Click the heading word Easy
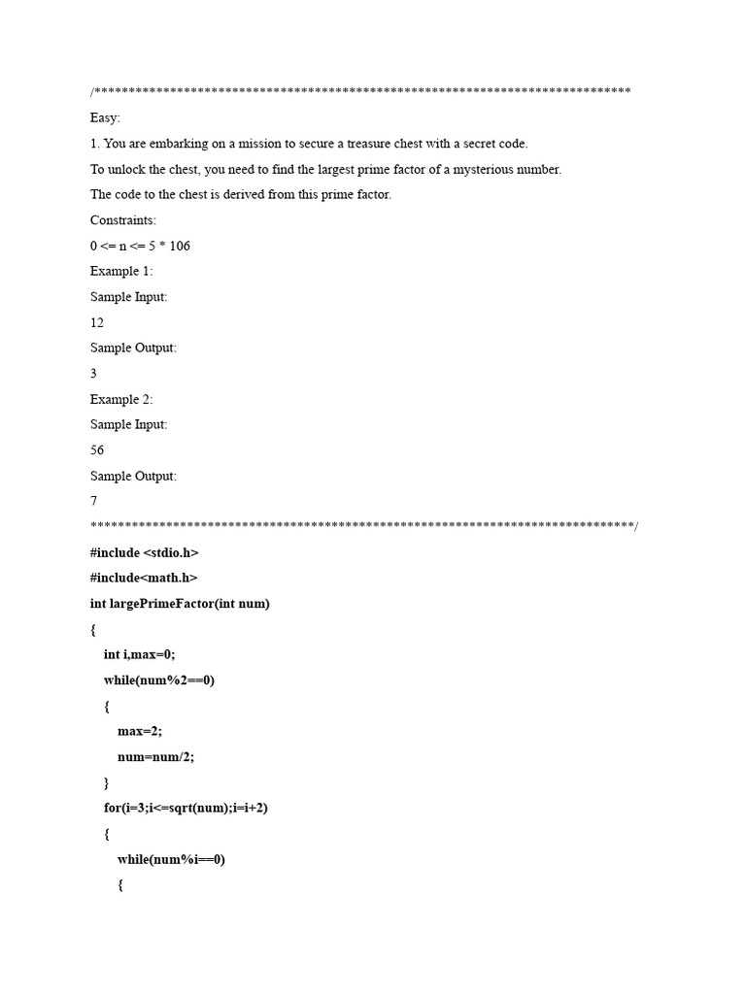coord(105,117)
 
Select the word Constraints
coord(123,220)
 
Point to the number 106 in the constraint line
coord(180,246)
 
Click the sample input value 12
coord(97,322)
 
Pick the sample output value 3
coord(94,373)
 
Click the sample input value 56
coord(97,450)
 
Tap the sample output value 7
coord(94,501)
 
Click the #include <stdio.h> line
coord(144,552)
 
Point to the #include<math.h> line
coord(143,578)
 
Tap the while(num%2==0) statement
coord(158,679)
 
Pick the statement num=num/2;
coord(155,756)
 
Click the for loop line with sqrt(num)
coord(186,808)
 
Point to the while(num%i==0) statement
coord(171,858)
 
